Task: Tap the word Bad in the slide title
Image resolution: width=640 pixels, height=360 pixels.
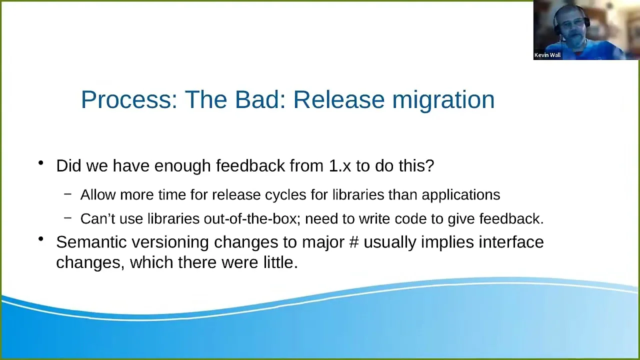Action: [260, 99]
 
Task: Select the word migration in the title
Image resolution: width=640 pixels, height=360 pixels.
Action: [443, 100]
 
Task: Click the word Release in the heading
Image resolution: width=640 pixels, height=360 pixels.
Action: [339, 99]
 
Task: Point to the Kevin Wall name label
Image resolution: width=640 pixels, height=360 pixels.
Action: [547, 55]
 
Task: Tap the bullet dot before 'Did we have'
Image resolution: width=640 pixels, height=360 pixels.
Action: [41, 163]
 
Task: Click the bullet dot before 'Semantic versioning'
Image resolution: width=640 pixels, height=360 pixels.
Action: [41, 239]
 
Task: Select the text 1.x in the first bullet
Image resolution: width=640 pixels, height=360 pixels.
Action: [339, 165]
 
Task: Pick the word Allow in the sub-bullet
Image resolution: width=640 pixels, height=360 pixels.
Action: [98, 194]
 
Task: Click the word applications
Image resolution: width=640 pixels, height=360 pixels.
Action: [461, 195]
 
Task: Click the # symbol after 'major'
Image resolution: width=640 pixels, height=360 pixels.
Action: [354, 242]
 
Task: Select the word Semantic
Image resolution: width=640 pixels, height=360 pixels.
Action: [91, 242]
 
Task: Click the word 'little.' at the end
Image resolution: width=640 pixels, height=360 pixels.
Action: [280, 262]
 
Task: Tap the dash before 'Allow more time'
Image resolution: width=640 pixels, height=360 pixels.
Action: [67, 194]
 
